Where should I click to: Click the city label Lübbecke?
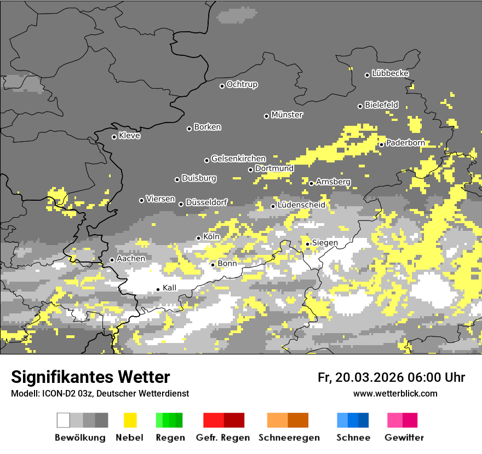pos(390,73)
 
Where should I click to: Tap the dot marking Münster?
pos(267,116)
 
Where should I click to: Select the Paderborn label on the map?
pos(405,143)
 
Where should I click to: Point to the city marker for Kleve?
pos(114,137)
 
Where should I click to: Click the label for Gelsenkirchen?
pos(238,159)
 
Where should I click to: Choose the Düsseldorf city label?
pos(206,202)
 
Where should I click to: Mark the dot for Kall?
pos(158,289)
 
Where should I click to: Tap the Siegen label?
pos(325,242)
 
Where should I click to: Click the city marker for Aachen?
pos(112,260)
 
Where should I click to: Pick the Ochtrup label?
pos(242,84)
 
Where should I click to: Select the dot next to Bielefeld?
pos(360,106)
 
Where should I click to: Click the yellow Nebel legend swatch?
pos(130,420)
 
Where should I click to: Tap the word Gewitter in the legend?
pos(404,438)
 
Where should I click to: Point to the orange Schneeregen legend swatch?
pos(288,420)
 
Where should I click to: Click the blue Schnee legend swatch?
pos(353,420)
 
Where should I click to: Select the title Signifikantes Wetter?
pos(90,377)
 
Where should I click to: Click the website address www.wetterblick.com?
pos(395,393)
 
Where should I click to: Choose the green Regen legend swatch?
pos(169,420)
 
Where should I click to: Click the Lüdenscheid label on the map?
pos(301,205)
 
